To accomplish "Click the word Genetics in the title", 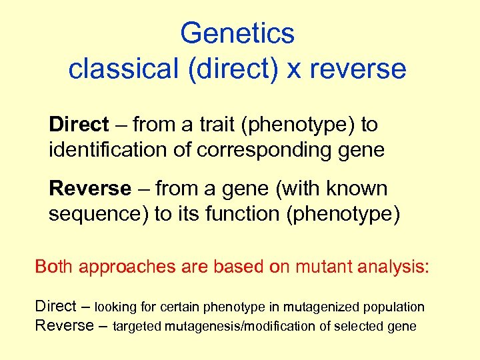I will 237,33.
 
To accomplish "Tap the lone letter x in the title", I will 294,69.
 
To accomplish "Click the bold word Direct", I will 78,124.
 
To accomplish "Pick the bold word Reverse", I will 90,189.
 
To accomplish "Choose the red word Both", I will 54,267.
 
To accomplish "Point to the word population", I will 393,307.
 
